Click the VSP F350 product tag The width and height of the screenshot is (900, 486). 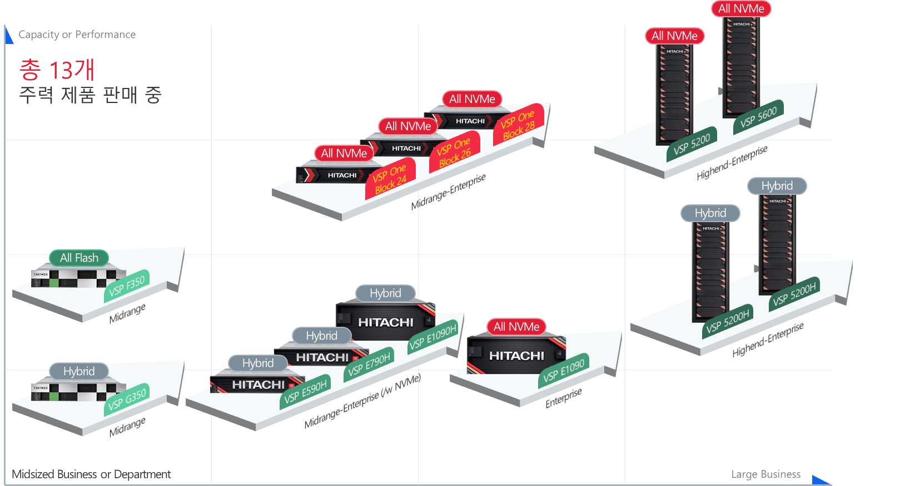tap(127, 286)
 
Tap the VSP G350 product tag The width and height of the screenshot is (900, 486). tap(127, 399)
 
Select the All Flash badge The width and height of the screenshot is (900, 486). tap(79, 258)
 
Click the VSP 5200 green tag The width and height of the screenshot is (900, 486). tap(692, 144)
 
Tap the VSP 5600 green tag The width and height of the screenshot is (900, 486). tap(758, 117)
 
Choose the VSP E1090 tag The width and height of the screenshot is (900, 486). tap(564, 371)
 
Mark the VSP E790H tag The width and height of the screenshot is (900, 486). tap(369, 365)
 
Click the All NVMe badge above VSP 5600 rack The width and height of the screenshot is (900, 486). tap(741, 9)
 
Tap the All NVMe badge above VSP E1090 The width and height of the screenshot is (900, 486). tap(516, 327)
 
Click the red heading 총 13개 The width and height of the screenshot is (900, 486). tap(57, 70)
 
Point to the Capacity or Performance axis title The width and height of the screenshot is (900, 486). tap(77, 35)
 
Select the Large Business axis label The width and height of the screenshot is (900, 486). tap(765, 474)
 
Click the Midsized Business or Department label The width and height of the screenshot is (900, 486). tap(91, 474)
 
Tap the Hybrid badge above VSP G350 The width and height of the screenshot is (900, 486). tap(79, 371)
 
